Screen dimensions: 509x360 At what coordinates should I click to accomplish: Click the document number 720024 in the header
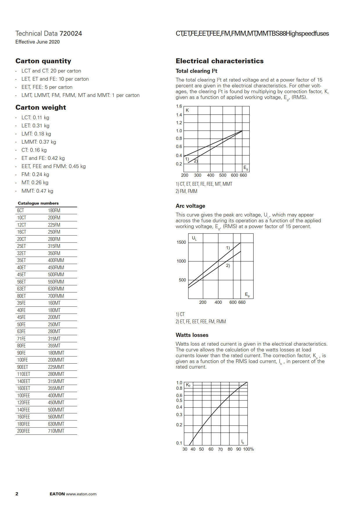click(x=71, y=34)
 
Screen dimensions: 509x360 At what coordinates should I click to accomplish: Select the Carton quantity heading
click(x=43, y=61)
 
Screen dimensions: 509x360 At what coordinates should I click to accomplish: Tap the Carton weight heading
click(x=41, y=107)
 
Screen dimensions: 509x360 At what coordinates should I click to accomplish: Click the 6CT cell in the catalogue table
click(x=21, y=210)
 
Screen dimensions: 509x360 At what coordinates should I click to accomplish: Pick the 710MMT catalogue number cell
click(x=56, y=431)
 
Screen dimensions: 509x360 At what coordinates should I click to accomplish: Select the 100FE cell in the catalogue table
click(x=22, y=360)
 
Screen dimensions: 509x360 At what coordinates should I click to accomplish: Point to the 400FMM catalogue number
click(x=56, y=260)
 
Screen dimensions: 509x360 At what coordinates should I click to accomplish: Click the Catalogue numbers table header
click(x=38, y=203)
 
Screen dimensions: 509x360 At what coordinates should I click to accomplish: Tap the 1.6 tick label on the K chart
click(x=179, y=106)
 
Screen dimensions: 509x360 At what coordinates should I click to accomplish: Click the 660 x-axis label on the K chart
click(x=243, y=175)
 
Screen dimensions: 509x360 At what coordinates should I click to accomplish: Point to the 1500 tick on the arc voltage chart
click(x=181, y=242)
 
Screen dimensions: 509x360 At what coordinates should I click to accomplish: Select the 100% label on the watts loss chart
click(x=249, y=449)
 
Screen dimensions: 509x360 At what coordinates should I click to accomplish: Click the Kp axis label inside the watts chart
click(x=188, y=385)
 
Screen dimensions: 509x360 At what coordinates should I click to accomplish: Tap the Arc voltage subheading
click(x=190, y=206)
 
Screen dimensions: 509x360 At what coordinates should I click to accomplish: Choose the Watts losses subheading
click(x=192, y=335)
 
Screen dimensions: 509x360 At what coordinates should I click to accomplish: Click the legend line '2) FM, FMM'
click(x=186, y=191)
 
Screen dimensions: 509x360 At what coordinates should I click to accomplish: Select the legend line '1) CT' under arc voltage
click(x=180, y=314)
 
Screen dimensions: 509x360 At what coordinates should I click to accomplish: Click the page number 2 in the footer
click(x=17, y=494)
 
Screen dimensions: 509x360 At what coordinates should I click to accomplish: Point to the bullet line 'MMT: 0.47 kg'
click(x=37, y=191)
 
